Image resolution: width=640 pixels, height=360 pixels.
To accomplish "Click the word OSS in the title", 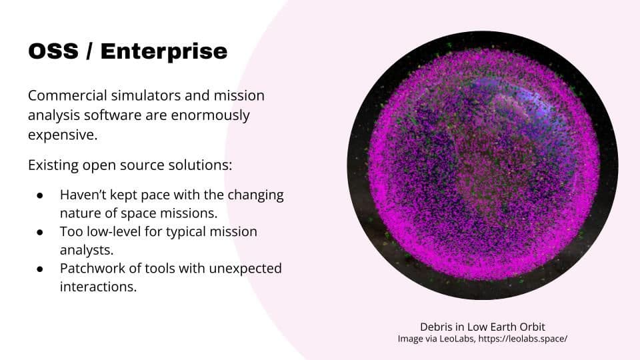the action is coord(53,51).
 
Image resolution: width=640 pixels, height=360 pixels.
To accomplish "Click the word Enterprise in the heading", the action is coord(164,51).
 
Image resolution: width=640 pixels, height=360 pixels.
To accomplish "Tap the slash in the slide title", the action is coord(89,51).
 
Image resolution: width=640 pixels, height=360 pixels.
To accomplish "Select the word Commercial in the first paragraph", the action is coord(67,95).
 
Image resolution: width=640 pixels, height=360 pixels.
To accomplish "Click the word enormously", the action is coord(210,116).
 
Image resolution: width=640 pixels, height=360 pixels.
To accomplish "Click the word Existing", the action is coord(53,165).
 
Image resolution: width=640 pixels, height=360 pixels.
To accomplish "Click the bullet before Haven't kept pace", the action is coord(39,195).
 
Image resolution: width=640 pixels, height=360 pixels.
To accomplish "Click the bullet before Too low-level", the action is coord(39,232).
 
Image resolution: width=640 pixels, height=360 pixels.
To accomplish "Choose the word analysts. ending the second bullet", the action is coord(87,250).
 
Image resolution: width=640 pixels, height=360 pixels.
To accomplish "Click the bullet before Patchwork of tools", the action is coord(39,269).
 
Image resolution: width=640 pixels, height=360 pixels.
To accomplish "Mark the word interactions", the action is coord(98,287).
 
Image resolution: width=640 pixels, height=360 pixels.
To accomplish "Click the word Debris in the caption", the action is coord(436,327).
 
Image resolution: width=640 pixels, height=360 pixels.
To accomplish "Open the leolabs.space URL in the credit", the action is coord(523,339).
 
